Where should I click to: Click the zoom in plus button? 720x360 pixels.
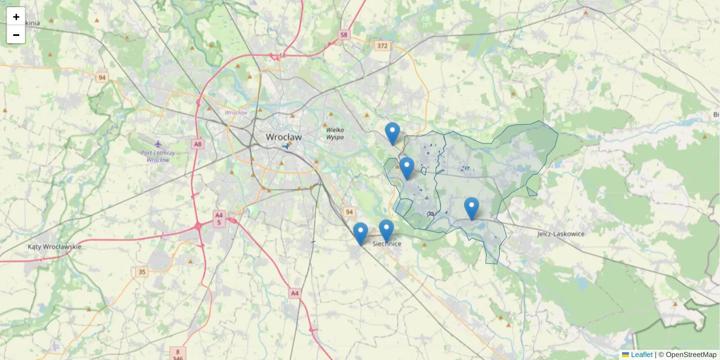16,17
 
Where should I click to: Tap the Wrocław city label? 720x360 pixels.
284,137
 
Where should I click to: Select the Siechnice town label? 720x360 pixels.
387,244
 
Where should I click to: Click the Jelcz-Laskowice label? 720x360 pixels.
560,233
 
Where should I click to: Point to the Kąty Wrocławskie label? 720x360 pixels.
55,247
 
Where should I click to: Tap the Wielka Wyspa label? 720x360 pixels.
335,133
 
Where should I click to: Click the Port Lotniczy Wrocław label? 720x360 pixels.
158,156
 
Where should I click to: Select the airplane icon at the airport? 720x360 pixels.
158,144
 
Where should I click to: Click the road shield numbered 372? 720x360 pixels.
382,46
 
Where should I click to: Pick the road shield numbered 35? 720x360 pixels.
142,272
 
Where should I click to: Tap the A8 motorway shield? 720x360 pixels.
198,144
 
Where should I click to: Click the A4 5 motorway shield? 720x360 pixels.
219,218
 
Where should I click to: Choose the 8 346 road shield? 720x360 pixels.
178,354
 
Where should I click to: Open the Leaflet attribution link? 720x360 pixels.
641,355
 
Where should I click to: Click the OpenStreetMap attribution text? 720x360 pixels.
691,355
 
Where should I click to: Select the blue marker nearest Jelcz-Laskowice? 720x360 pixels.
472,208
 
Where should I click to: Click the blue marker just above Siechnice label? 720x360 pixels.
386,230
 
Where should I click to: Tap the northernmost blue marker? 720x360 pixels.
392,133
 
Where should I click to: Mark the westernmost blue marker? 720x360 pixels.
361,233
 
